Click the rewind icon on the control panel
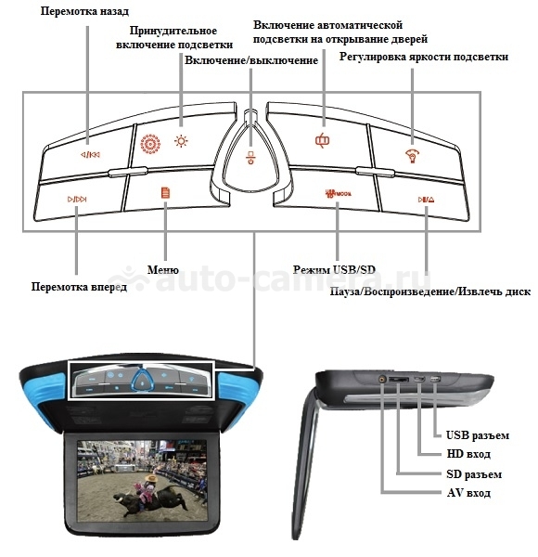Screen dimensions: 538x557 tap(90, 154)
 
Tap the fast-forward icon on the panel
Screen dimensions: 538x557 tap(77, 199)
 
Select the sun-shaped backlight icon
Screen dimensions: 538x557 tap(181, 141)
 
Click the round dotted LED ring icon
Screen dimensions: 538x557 tap(150, 144)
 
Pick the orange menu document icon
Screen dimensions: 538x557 tap(165, 192)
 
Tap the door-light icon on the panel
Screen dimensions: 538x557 tap(322, 140)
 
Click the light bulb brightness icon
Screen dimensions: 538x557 tap(413, 156)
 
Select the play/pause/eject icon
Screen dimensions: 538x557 tap(426, 200)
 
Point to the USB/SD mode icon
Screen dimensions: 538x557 tap(338, 194)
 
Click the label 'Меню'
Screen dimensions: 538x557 tap(163, 269)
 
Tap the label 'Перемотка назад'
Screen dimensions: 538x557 tap(84, 11)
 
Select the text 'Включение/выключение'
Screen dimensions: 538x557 tap(251, 60)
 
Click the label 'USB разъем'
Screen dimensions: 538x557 tap(478, 435)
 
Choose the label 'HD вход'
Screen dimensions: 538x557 tap(468, 454)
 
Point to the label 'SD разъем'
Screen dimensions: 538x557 tap(474, 474)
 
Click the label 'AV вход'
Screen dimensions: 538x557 tap(468, 493)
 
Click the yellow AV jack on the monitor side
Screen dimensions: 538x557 tap(382, 379)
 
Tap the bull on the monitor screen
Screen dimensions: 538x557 tap(149, 499)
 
